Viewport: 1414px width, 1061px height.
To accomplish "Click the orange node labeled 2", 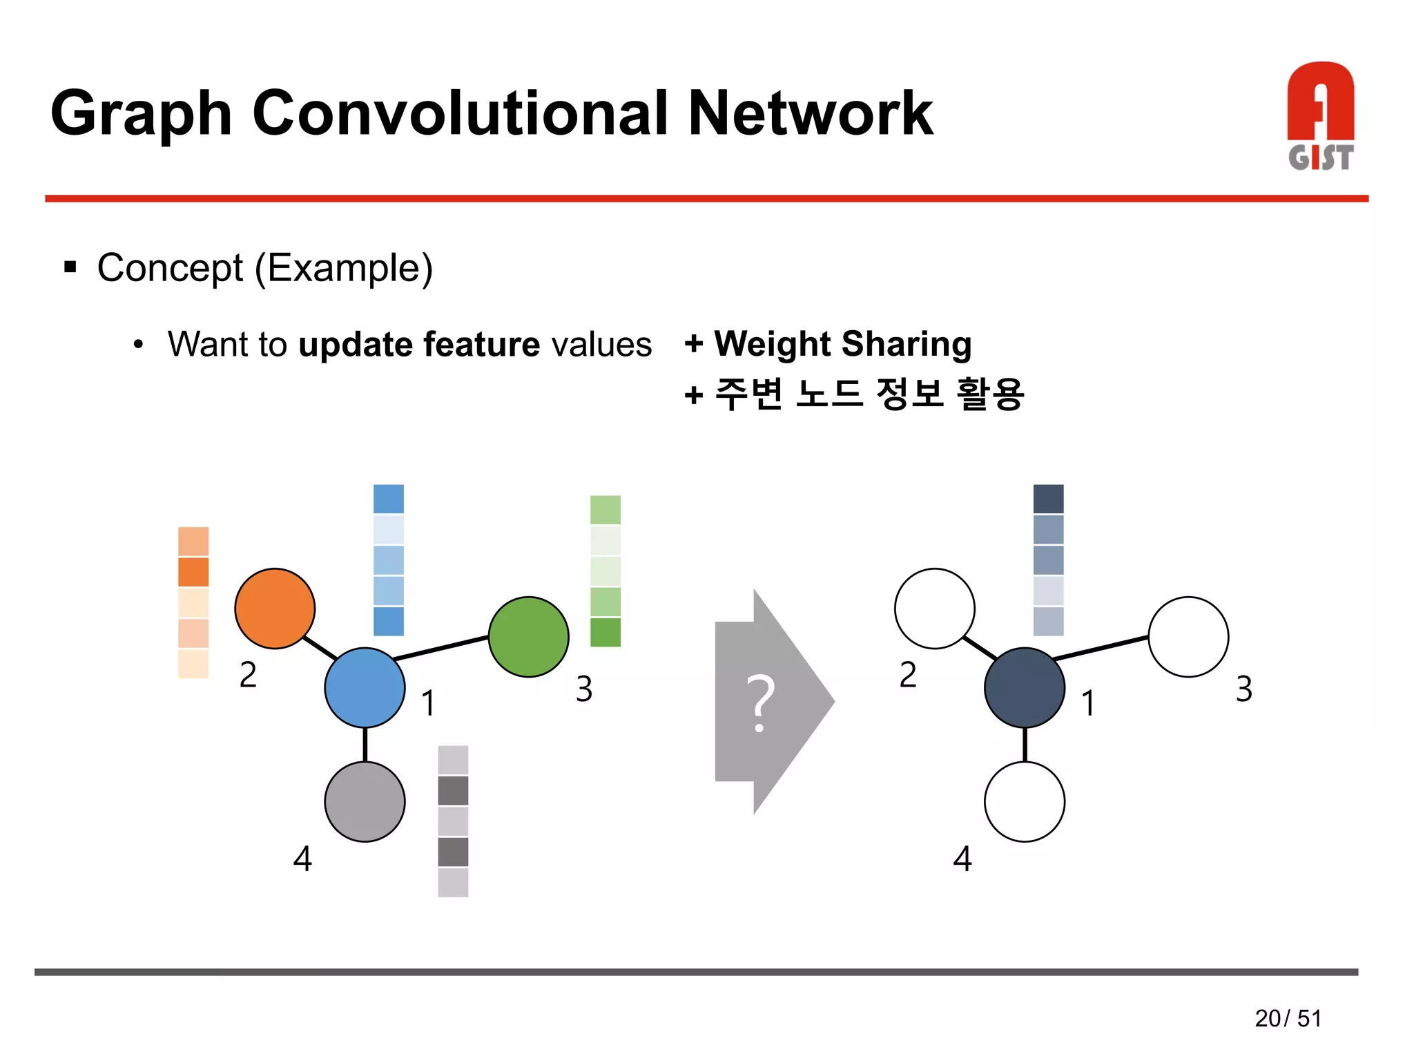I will click(x=275, y=609).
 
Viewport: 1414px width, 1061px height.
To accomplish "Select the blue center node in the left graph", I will click(x=365, y=687).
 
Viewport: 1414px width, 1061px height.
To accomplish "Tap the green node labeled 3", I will click(x=528, y=636).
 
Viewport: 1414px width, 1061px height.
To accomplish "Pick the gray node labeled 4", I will click(x=365, y=801).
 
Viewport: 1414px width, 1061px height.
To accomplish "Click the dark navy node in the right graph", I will click(x=1024, y=687).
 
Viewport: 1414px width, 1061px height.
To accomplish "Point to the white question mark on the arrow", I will click(x=760, y=702).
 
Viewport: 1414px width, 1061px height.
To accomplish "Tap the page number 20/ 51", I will click(x=1288, y=1018).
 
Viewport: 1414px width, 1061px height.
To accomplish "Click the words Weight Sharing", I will click(x=842, y=344).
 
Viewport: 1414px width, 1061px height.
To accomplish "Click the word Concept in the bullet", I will click(x=170, y=268).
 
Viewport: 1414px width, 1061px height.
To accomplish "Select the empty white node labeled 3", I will click(x=1188, y=636).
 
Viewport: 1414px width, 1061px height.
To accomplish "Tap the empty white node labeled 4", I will click(x=1024, y=801).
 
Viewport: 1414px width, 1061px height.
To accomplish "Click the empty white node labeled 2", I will click(x=934, y=609).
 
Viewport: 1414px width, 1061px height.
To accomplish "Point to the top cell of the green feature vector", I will click(x=606, y=510).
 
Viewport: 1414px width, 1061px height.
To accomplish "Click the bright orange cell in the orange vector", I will click(x=193, y=572).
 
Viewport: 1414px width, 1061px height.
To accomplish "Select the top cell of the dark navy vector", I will click(x=1048, y=499).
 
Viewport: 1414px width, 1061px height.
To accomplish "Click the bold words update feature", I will click(x=419, y=344).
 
